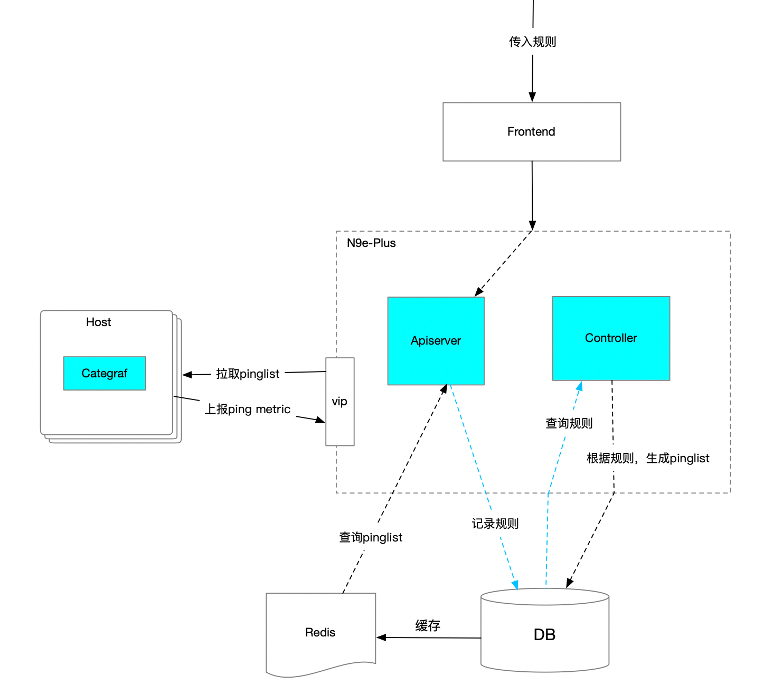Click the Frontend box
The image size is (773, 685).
tap(532, 131)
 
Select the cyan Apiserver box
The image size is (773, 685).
tap(436, 340)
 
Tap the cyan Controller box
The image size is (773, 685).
tap(611, 338)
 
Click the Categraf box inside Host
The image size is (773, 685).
tap(105, 373)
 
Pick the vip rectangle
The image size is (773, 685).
tap(340, 401)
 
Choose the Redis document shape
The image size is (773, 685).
tap(320, 634)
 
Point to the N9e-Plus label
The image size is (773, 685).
tap(371, 243)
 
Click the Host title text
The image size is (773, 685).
tap(98, 322)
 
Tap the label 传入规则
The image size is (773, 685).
tap(532, 42)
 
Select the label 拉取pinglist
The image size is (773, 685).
tap(248, 374)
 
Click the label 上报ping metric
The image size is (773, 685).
tap(247, 409)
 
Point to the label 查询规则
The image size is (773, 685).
tap(569, 423)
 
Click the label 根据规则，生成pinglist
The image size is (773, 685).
tap(648, 458)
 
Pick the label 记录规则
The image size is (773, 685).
tap(495, 524)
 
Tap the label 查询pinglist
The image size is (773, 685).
tap(371, 537)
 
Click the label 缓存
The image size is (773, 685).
tap(428, 625)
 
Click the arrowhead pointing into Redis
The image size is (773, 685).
tap(381, 638)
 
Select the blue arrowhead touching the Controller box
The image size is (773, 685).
tap(580, 386)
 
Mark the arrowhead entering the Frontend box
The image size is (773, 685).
tap(532, 97)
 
